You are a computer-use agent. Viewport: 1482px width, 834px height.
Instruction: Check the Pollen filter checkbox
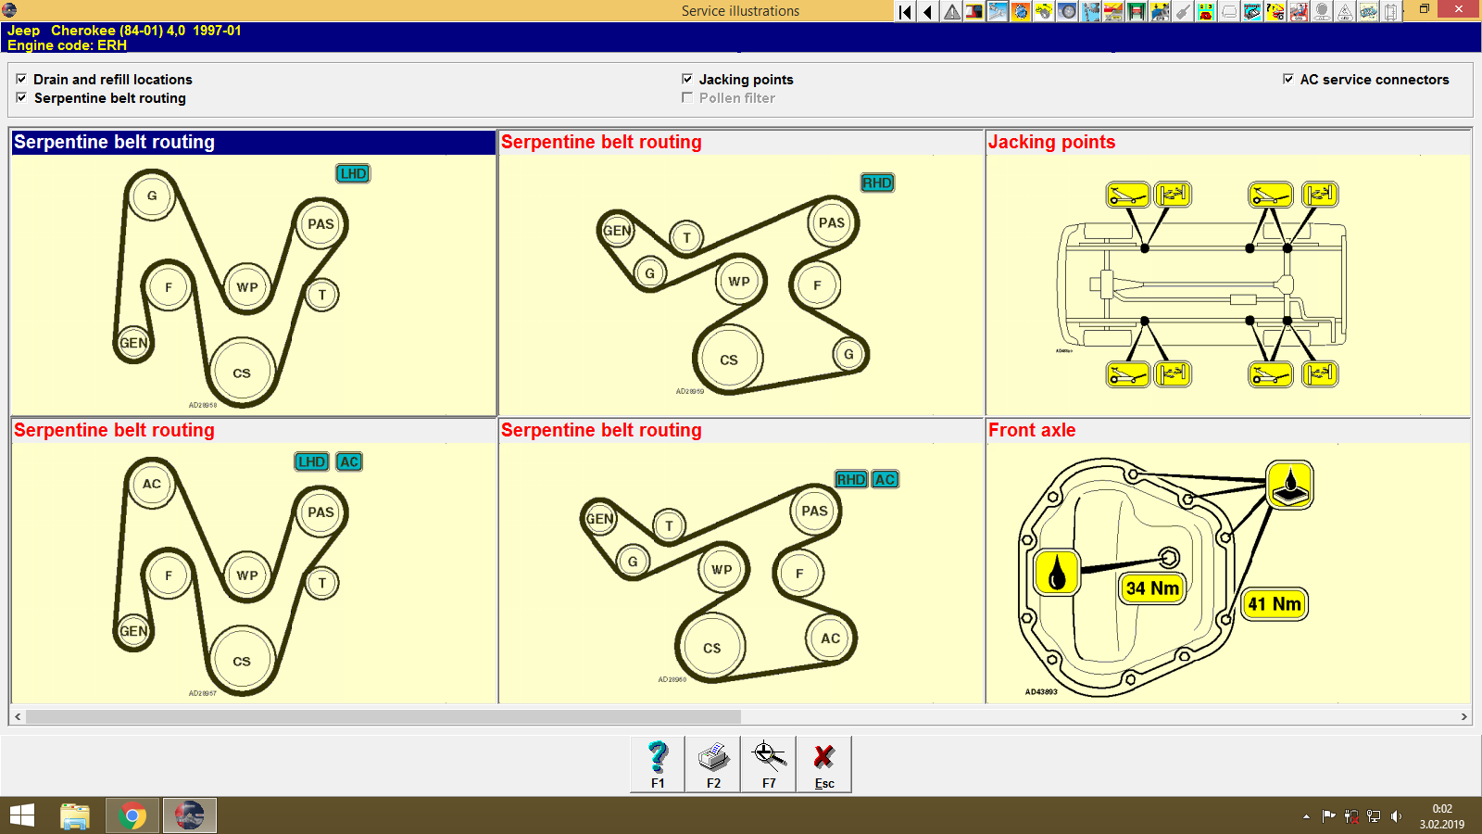(x=687, y=97)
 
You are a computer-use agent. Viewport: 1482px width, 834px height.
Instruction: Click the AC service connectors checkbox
(x=1288, y=79)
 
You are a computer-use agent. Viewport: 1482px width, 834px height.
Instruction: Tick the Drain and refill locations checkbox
(x=21, y=79)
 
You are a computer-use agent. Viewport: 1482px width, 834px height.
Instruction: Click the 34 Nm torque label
(x=1152, y=588)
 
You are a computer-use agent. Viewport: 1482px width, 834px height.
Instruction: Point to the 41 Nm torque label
(x=1275, y=604)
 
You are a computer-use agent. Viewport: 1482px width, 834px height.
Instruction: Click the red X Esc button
(x=823, y=764)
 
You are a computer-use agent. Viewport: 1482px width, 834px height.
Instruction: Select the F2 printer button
(x=713, y=764)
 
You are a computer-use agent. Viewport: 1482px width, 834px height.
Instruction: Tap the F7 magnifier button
(x=769, y=764)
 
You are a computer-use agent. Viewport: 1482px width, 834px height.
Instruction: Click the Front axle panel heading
(x=1032, y=430)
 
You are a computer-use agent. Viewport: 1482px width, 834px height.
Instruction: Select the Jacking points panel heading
(x=1051, y=142)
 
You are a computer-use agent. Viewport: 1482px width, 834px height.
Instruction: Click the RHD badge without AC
(x=877, y=183)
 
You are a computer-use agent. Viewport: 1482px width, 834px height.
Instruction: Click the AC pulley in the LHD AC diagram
(x=152, y=484)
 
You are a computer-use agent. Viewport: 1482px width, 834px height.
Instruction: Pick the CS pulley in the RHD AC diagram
(x=711, y=648)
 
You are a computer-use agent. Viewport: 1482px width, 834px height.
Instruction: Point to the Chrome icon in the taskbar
(x=132, y=816)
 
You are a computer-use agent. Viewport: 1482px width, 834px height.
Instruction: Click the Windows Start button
(x=22, y=816)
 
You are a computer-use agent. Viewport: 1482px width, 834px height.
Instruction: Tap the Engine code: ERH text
(x=67, y=45)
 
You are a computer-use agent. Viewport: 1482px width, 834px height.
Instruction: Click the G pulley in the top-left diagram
(x=152, y=196)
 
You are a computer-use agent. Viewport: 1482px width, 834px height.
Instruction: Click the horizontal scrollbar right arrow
(x=1463, y=716)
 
